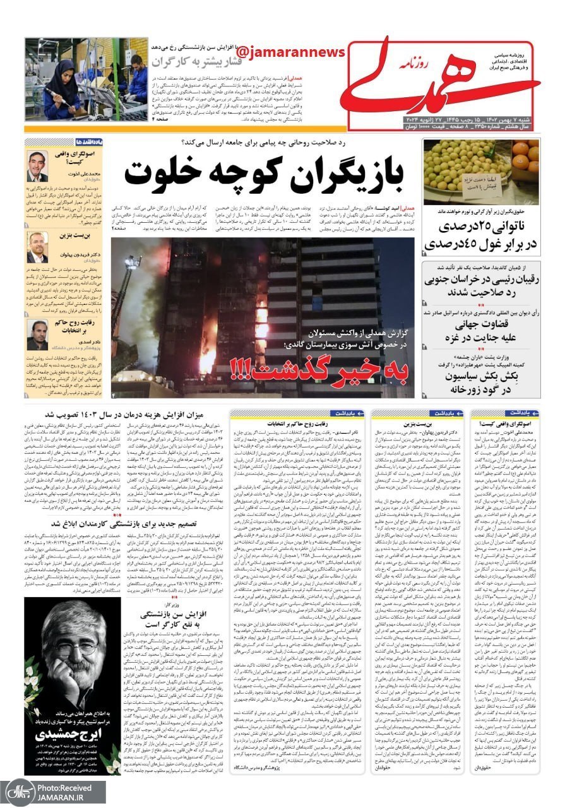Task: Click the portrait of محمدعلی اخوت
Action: [x=37, y=166]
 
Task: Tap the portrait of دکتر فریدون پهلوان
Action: [x=37, y=247]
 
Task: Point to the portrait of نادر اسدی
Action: [x=37, y=335]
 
